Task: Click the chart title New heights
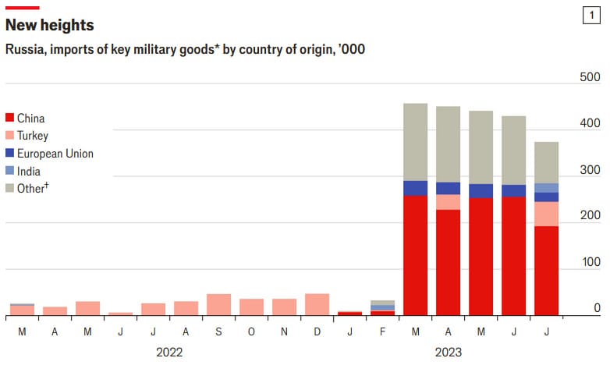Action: click(50, 25)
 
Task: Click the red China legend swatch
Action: click(9, 119)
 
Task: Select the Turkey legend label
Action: click(33, 136)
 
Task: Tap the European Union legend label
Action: click(55, 154)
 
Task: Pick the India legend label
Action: click(29, 171)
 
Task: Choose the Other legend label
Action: click(33, 188)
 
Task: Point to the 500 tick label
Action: click(590, 77)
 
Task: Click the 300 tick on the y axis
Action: click(590, 170)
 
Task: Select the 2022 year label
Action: click(169, 353)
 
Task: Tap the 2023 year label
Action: click(448, 353)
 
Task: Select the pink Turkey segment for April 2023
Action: click(448, 202)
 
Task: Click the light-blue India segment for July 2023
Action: click(547, 188)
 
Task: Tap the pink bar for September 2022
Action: click(218, 305)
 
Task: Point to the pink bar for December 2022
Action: click(317, 305)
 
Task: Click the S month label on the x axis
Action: click(218, 331)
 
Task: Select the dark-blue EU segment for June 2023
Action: click(513, 191)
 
